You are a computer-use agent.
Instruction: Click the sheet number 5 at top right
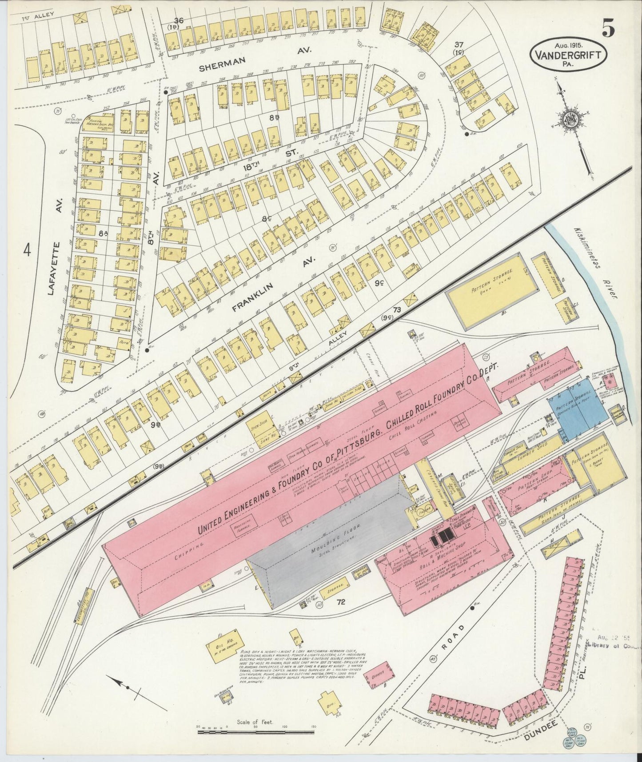[608, 29]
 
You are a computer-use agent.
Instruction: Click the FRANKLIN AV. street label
[273, 282]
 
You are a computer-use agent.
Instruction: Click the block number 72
[341, 602]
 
